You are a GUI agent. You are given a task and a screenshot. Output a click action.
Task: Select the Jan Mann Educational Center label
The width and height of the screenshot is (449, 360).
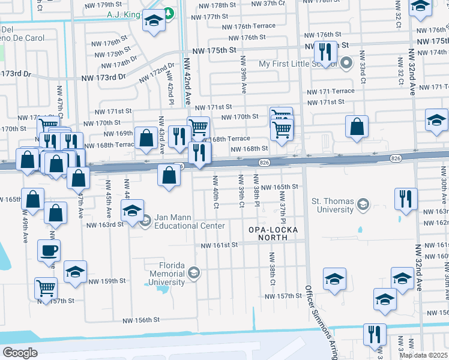click(x=190, y=221)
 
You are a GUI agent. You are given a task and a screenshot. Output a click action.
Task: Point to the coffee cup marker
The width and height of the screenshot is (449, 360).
click(x=49, y=250)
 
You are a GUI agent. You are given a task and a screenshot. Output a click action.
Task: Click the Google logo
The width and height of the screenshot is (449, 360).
click(x=20, y=352)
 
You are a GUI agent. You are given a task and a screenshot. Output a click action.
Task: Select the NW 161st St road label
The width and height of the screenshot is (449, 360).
click(x=219, y=245)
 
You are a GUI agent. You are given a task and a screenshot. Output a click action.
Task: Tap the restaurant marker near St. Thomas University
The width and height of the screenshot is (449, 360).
click(x=406, y=198)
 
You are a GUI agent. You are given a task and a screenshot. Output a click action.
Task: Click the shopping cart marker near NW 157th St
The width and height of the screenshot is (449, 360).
click(x=46, y=287)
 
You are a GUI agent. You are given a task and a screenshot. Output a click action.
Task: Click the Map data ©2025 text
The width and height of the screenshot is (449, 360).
click(x=423, y=355)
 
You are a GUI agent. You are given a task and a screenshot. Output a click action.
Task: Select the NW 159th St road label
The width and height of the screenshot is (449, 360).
click(x=107, y=280)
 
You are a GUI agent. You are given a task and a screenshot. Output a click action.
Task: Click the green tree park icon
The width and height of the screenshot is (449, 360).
click(x=170, y=12)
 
